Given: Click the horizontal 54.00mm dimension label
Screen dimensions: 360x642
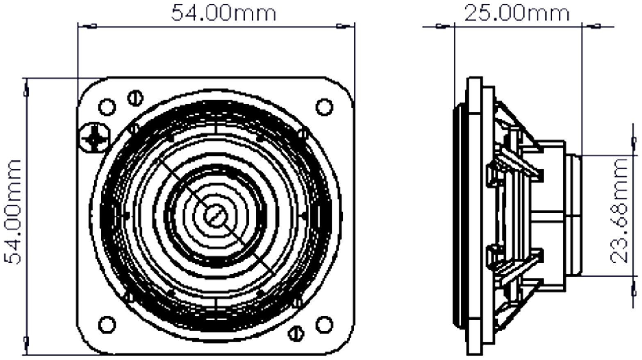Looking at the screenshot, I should click(223, 13).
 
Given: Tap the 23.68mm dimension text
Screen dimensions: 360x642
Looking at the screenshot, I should click(619, 211).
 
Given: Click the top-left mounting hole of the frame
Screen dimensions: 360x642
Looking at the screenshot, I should click(107, 107).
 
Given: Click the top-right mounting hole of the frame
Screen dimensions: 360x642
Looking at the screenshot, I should click(324, 107).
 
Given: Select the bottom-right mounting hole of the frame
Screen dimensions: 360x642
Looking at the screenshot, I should click(324, 324).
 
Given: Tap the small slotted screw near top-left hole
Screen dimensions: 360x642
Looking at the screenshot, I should click(136, 98).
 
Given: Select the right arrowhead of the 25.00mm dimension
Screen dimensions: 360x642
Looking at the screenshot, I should click(594, 27).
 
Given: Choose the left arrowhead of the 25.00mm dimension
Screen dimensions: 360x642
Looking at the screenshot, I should click(442, 27).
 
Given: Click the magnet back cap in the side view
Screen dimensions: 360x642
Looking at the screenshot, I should click(574, 214).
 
